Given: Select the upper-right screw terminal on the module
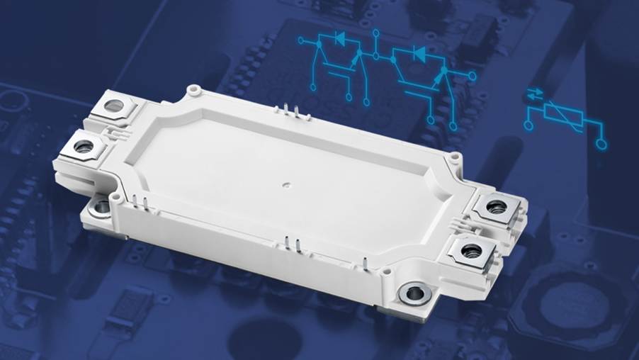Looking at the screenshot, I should click(x=495, y=207).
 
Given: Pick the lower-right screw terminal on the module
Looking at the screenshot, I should click(x=468, y=249).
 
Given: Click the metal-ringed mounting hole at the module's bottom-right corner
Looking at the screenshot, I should click(x=413, y=293).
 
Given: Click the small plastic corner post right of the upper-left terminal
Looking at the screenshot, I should click(x=191, y=91).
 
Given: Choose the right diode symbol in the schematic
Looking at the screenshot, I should click(x=419, y=53).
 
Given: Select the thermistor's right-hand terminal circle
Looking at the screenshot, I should click(x=601, y=145).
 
